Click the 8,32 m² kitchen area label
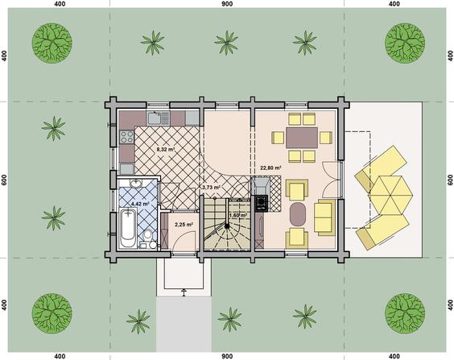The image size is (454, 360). pos(165,150)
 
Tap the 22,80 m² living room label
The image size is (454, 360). pos(271,168)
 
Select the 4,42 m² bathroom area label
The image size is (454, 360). pos(140,204)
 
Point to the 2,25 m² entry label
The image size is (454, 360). pos(184,224)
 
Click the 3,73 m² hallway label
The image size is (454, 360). pos(211,188)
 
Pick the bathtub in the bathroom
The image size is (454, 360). pos(128,227)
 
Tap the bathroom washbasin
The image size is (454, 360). pos(136,183)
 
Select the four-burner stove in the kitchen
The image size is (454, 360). pos(127,137)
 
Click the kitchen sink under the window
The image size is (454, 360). pos(159,118)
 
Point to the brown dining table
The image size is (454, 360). pos(302,138)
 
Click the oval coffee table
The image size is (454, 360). pos(297,214)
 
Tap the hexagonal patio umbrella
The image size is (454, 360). pos(391,195)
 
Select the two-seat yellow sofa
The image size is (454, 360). pos(324,217)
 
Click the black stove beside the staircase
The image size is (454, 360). pos(262,203)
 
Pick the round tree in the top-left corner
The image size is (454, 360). pos(52,43)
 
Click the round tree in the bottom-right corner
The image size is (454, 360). pos(405,313)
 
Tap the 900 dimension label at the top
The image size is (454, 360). pos(227,4)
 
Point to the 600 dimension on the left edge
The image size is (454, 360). pos(4,180)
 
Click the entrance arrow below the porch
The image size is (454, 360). pos(184,292)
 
